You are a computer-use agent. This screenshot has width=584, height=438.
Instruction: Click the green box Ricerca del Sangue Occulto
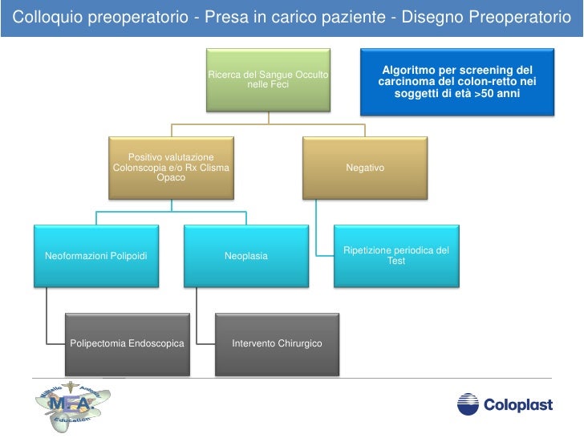pyautogui.click(x=269, y=79)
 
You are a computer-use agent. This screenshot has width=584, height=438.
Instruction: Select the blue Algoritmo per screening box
pyautogui.click(x=456, y=83)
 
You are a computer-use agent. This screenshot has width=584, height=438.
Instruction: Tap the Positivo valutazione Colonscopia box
pyautogui.click(x=172, y=168)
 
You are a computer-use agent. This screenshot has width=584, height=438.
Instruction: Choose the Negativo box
pyautogui.click(x=365, y=168)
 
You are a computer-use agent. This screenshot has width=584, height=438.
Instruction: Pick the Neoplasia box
pyautogui.click(x=246, y=256)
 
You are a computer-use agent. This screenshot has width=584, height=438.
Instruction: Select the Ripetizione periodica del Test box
pyautogui.click(x=395, y=256)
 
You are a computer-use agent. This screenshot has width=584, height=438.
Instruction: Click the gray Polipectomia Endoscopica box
pyautogui.click(x=127, y=343)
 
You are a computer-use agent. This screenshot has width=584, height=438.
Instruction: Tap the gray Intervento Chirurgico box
pyautogui.click(x=277, y=343)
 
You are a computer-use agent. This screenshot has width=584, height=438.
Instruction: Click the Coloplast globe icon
pyautogui.click(x=468, y=404)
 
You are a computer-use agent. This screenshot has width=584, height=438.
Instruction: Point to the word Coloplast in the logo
pyautogui.click(x=517, y=405)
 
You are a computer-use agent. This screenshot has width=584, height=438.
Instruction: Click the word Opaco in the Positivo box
pyautogui.click(x=172, y=178)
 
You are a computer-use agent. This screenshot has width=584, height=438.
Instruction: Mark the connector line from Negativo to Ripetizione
pyautogui.click(x=318, y=229)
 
